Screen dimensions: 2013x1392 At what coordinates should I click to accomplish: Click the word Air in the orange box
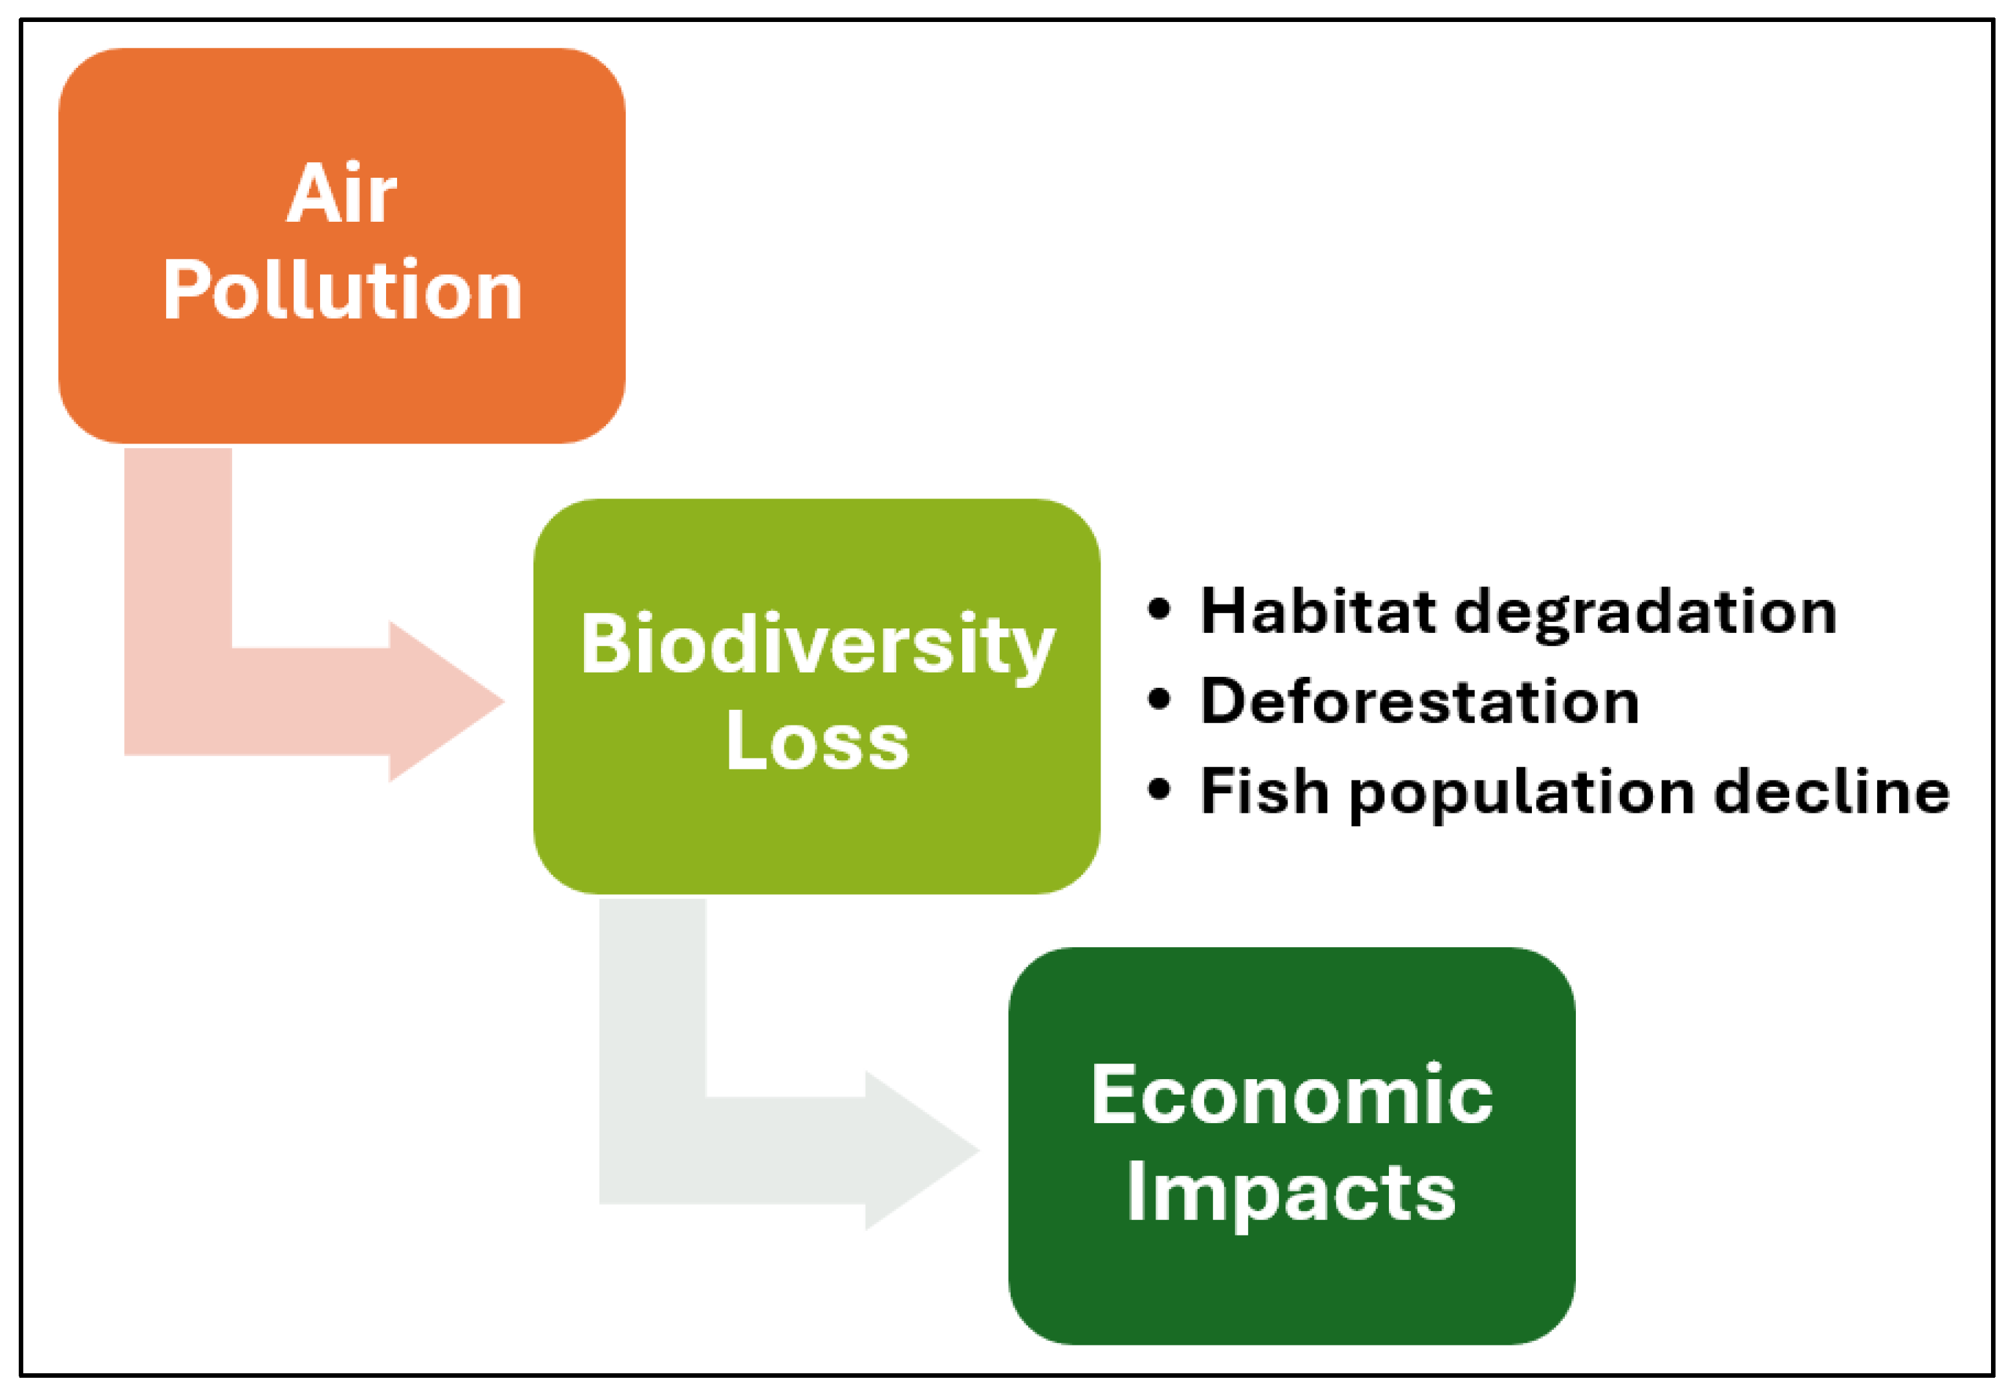[x=342, y=193]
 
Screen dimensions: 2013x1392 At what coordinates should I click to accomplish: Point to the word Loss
[x=817, y=740]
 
